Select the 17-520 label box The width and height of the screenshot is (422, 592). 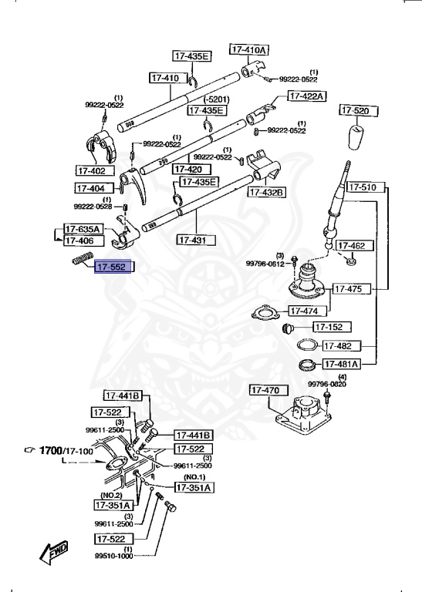[355, 111]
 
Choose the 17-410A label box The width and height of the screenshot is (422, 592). [248, 50]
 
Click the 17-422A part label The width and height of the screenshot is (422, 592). [307, 96]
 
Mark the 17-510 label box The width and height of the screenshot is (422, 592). [363, 187]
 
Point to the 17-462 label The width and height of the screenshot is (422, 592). [359, 246]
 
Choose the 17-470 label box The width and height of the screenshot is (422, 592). [265, 391]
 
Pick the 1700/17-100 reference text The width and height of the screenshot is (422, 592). [69, 449]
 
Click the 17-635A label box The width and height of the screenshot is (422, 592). [82, 228]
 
